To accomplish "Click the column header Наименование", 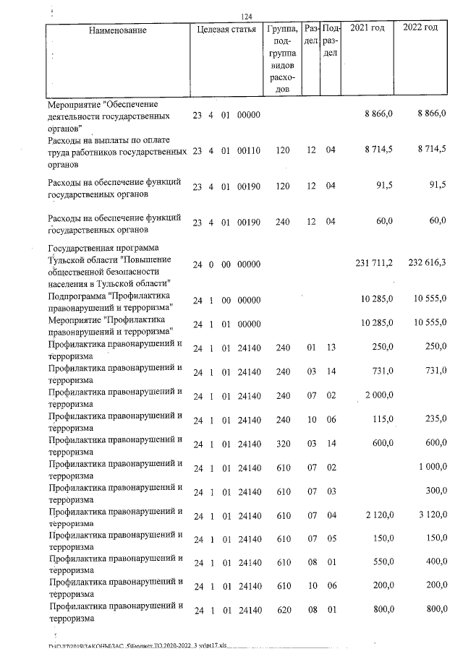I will click(118, 30).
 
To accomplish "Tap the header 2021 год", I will click(368, 29).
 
